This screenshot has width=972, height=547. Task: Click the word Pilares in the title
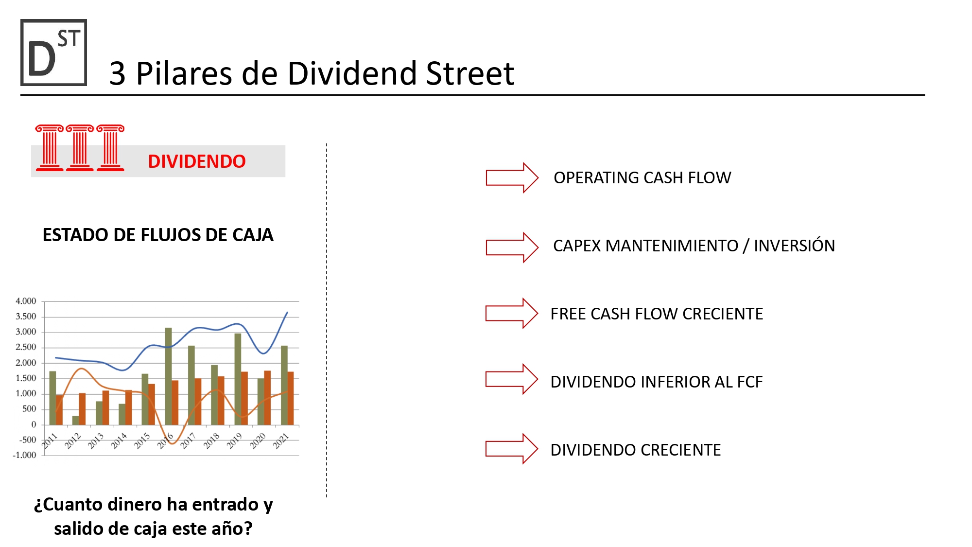[184, 74]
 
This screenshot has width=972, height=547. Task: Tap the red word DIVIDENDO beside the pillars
[197, 161]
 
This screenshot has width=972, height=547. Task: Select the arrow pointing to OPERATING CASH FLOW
[512, 177]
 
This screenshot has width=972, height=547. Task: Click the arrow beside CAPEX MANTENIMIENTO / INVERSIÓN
[512, 247]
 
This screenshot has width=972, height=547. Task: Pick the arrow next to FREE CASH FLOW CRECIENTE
[512, 313]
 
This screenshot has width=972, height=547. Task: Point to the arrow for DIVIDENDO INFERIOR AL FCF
[512, 379]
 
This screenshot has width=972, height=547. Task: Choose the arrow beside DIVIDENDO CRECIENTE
[512, 448]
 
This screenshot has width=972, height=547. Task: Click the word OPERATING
[596, 178]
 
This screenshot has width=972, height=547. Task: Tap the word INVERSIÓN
[794, 246]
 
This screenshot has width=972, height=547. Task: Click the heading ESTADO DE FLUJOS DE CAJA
[158, 235]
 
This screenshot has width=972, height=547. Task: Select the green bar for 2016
[168, 376]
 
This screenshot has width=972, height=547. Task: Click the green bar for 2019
[238, 379]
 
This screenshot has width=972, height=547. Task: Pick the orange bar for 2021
[291, 398]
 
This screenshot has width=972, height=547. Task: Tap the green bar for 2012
[75, 421]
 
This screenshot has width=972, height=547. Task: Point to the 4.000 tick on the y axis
[26, 301]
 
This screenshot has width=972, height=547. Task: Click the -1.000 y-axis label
[24, 455]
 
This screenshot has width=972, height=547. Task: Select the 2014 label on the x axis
[119, 441]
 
